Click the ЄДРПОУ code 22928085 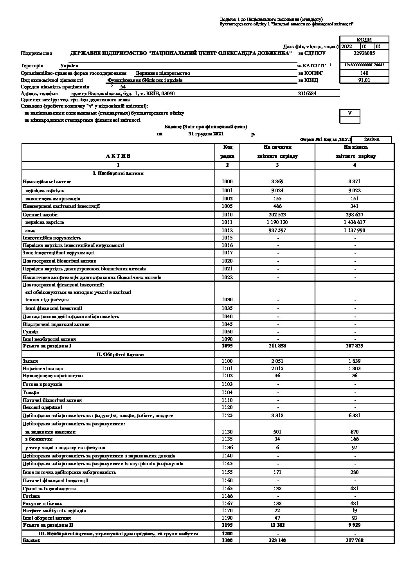point(364,53)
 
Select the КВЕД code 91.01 point(364,80)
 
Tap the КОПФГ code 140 point(364,73)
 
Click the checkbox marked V point(350,113)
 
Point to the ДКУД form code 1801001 point(371,139)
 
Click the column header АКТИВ point(118,156)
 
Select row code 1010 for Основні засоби point(227,214)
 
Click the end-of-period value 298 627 point(355,214)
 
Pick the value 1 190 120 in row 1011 point(278,222)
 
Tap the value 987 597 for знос point(278,230)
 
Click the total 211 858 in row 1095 point(278,346)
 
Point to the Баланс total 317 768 point(355,540)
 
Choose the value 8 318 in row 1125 point(278,416)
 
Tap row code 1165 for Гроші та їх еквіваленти point(227,489)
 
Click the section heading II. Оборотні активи point(120,355)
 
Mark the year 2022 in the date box point(347,46)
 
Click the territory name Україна point(69,66)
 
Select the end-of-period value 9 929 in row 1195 point(355,525)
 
